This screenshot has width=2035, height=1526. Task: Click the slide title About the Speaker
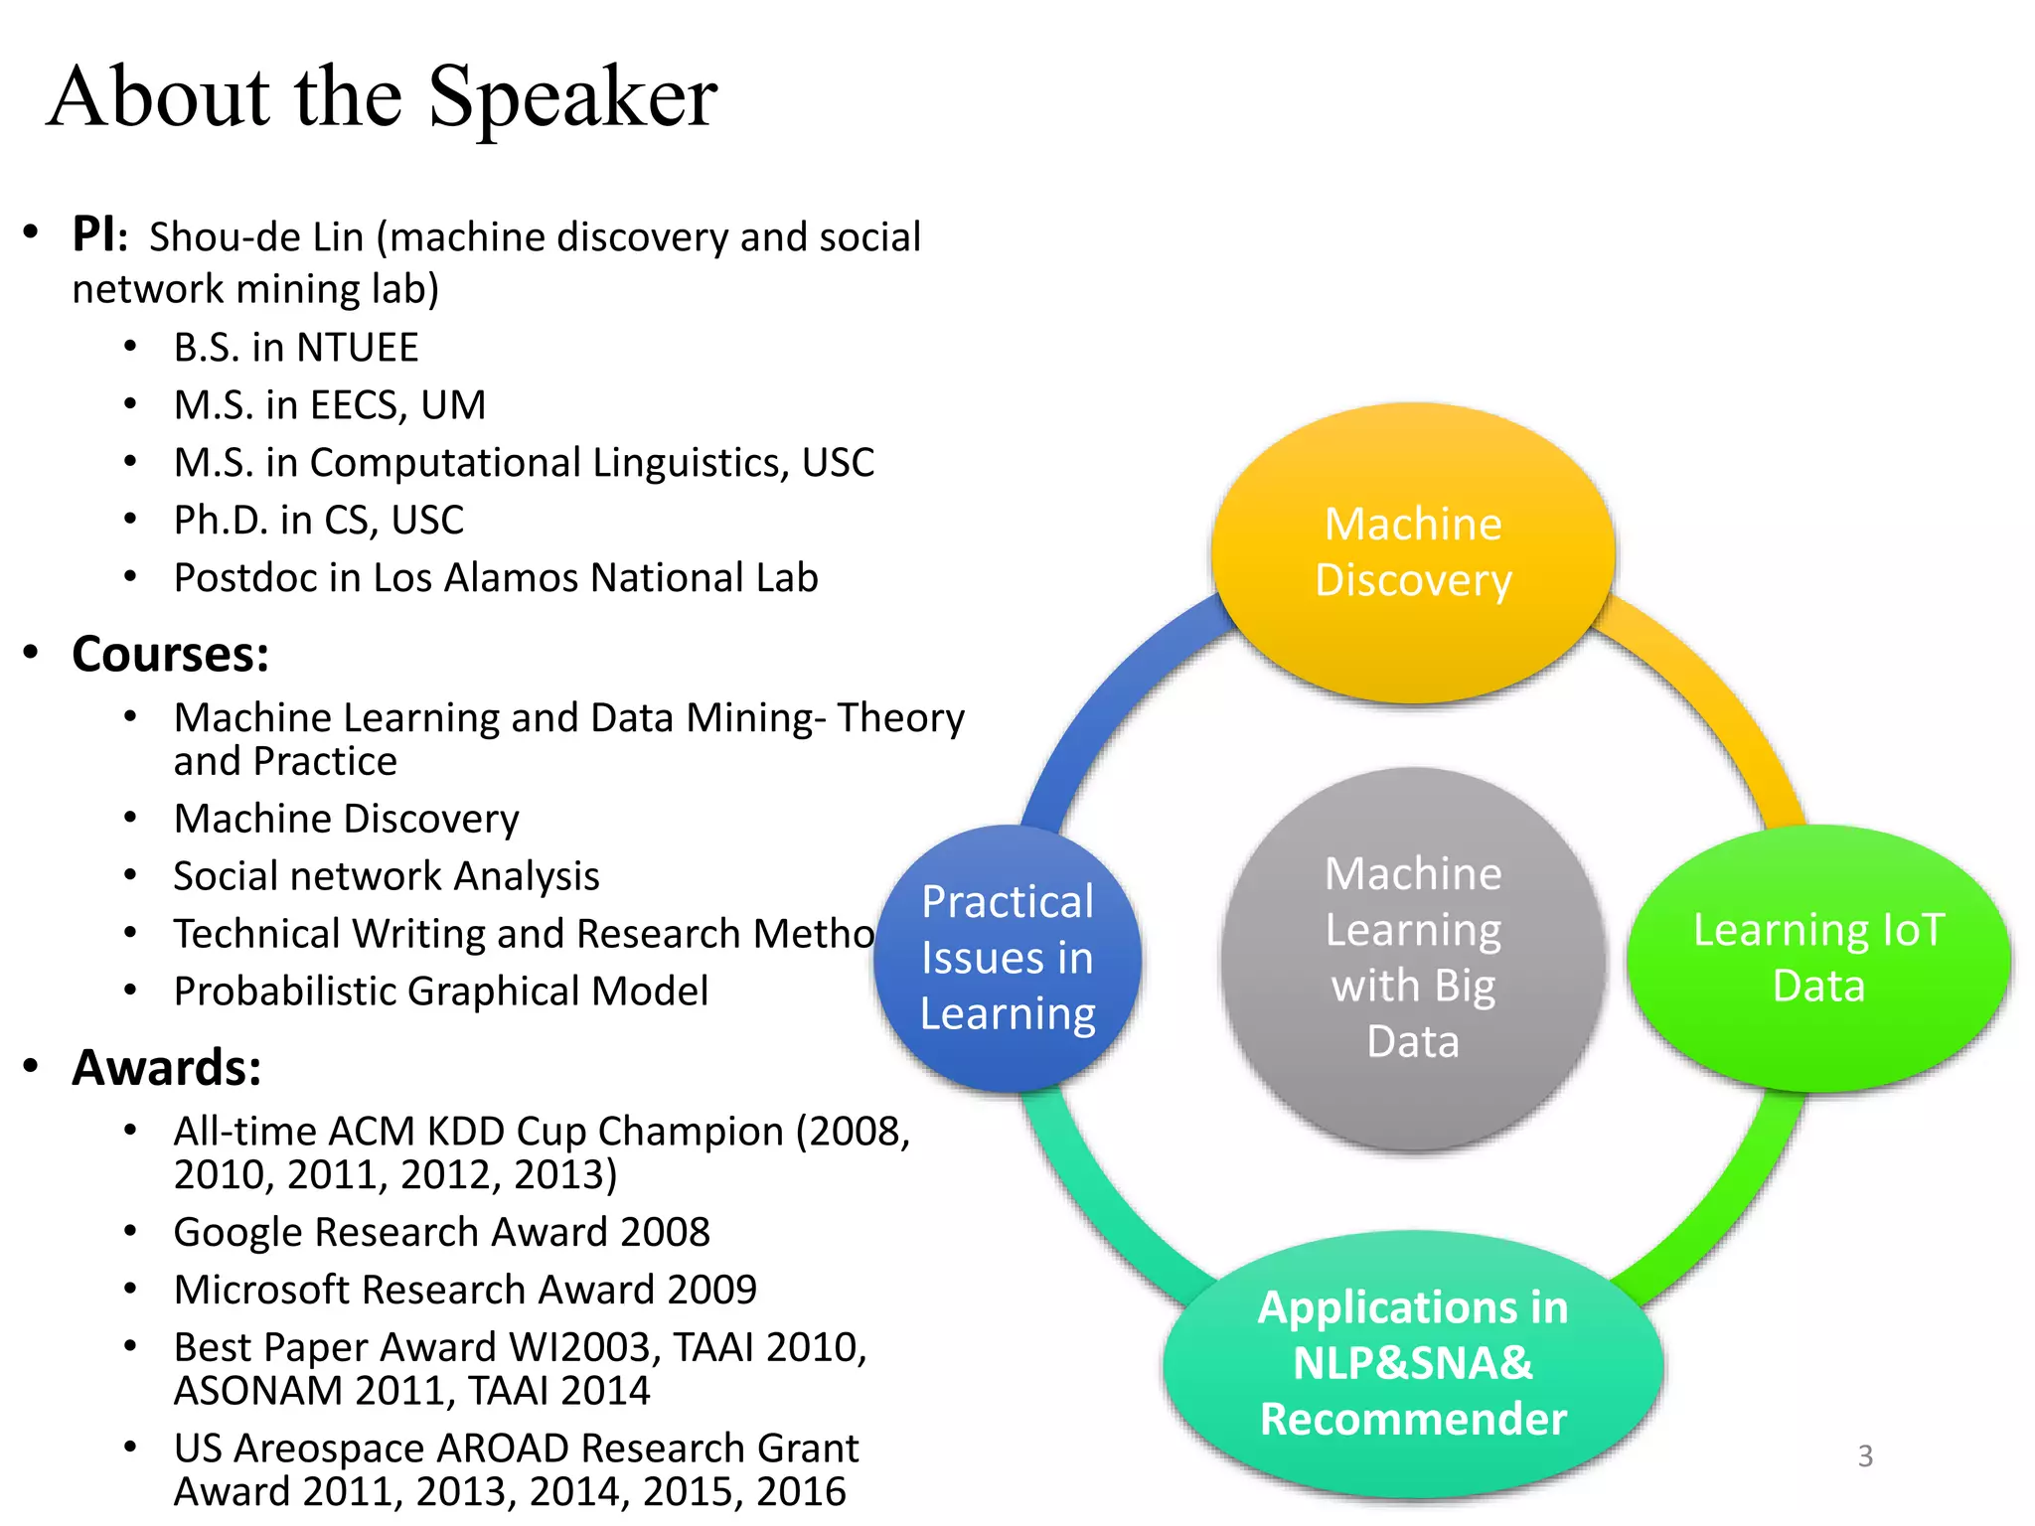tap(382, 97)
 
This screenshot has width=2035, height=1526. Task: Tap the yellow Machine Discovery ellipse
tap(1412, 552)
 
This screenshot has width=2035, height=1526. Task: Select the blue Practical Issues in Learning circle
tap(1007, 958)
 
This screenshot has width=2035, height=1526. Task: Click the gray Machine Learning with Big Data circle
tap(1412, 958)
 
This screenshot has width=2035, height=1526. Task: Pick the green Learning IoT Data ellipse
tap(1817, 958)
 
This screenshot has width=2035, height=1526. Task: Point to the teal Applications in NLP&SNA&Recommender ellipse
tap(1412, 1363)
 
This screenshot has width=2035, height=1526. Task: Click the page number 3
tap(1865, 1456)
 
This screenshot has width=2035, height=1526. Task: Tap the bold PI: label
tap(99, 236)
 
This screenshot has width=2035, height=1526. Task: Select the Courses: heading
tap(170, 655)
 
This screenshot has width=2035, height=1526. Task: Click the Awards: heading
tap(167, 1068)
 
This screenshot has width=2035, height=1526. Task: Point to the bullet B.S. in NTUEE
tap(295, 348)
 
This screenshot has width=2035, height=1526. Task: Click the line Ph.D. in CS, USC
tap(318, 521)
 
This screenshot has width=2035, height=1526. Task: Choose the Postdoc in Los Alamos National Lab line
tap(495, 578)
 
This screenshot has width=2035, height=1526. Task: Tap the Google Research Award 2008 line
tap(441, 1233)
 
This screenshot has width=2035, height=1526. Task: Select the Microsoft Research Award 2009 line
tap(464, 1291)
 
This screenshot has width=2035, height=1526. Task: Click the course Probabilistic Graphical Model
tap(440, 992)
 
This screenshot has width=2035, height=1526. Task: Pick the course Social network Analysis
tap(386, 876)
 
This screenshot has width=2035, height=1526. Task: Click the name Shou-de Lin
tap(256, 238)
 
